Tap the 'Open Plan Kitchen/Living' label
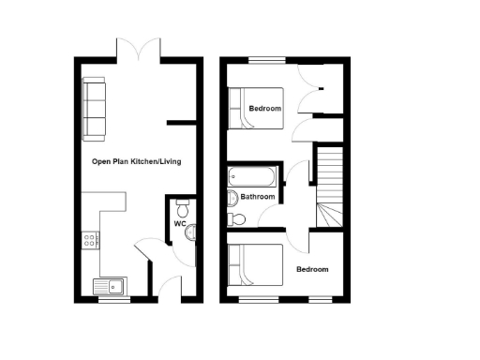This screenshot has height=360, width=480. [136, 162]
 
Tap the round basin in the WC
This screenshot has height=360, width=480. [190, 232]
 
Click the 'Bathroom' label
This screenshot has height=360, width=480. [258, 198]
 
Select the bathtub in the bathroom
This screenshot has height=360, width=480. [252, 175]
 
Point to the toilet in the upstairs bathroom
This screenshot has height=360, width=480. [236, 220]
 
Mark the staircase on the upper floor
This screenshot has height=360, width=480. [329, 187]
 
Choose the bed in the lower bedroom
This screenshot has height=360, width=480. [256, 266]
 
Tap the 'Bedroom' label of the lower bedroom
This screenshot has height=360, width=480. [313, 270]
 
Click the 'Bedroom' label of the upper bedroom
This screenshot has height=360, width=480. [264, 109]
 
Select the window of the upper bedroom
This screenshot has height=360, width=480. [267, 61]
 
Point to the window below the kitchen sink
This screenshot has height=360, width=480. [113, 300]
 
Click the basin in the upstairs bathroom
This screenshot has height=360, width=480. [232, 197]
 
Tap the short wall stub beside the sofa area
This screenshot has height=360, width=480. [179, 122]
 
